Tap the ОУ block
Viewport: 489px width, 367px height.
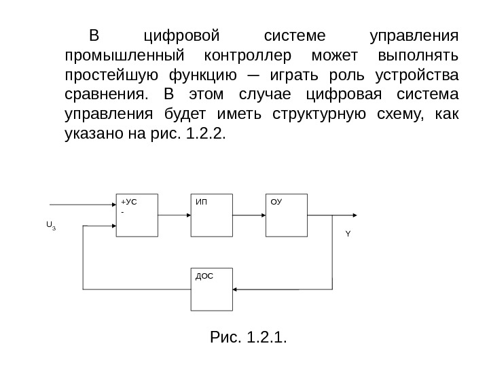coord(286,215)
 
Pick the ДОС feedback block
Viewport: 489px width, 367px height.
coord(211,289)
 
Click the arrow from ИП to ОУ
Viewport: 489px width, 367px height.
coord(248,215)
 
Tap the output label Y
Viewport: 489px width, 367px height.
coord(348,233)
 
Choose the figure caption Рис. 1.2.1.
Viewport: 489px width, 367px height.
coord(248,336)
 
